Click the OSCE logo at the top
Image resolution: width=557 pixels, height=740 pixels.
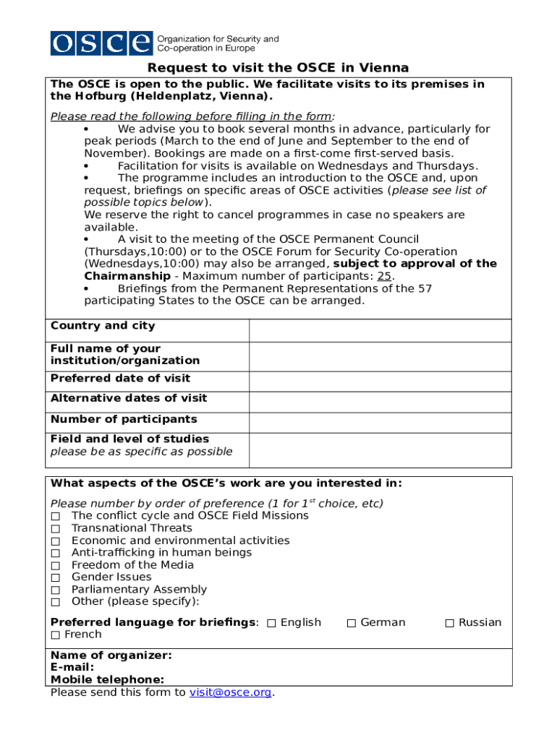click(101, 43)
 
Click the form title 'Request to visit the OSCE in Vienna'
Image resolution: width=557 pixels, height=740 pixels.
click(278, 68)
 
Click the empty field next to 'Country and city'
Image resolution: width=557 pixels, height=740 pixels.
click(380, 330)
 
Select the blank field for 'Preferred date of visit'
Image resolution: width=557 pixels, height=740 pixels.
click(380, 379)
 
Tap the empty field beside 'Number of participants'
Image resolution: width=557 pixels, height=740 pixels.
click(380, 420)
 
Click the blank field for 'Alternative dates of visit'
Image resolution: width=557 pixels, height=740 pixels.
click(380, 399)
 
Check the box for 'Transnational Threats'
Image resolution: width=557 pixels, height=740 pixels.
click(56, 529)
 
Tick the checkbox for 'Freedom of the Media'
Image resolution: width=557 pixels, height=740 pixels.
click(56, 566)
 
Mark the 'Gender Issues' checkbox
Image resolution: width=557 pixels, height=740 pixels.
click(56, 578)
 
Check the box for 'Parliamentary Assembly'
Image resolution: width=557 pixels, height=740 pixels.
click(56, 590)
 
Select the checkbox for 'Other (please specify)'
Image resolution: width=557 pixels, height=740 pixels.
click(56, 603)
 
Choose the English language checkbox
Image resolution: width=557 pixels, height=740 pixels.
click(271, 624)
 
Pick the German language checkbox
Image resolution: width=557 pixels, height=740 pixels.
click(352, 624)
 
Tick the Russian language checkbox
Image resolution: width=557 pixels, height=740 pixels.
click(449, 624)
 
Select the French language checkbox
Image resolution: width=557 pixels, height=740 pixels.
click(56, 635)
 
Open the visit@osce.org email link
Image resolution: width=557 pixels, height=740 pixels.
click(230, 692)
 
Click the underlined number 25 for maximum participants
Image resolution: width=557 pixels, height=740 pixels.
click(385, 276)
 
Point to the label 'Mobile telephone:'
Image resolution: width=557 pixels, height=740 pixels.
click(107, 679)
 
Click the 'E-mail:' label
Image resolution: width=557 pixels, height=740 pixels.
click(72, 668)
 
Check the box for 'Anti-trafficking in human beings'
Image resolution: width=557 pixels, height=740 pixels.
click(56, 554)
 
